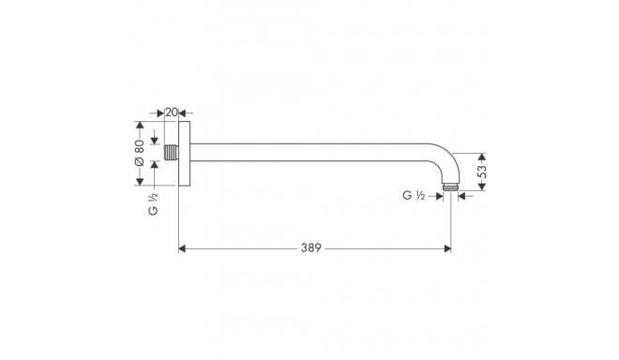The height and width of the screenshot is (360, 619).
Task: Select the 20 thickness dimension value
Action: click(x=172, y=113)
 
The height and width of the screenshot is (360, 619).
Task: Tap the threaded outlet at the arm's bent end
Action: click(x=452, y=189)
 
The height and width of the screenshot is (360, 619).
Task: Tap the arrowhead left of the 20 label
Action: click(x=163, y=113)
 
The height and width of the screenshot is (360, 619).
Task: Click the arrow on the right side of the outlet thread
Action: click(x=465, y=195)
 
